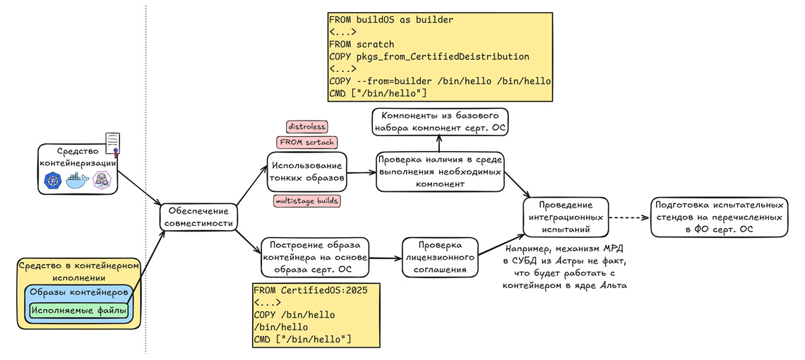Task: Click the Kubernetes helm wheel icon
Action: pyautogui.click(x=54, y=181)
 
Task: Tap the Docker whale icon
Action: pyautogui.click(x=78, y=181)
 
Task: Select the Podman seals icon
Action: pyautogui.click(x=102, y=181)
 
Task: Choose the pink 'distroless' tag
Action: pyautogui.click(x=306, y=126)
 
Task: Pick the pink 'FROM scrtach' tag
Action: pyautogui.click(x=306, y=143)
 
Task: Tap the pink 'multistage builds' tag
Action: pyautogui.click(x=306, y=201)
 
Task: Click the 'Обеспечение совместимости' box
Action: pyautogui.click(x=198, y=217)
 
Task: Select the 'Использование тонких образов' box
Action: pyautogui.click(x=307, y=172)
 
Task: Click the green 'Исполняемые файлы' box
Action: pyautogui.click(x=78, y=309)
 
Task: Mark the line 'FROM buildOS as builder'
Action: pyautogui.click(x=391, y=20)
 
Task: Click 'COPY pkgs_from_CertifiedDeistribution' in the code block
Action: pyautogui.click(x=429, y=56)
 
